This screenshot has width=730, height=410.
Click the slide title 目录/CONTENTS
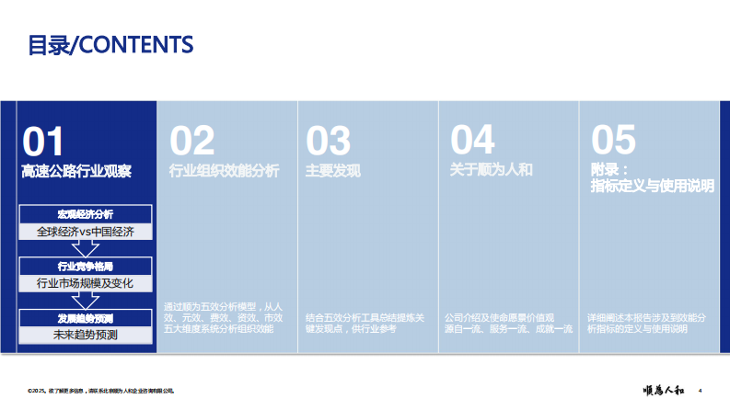[x=110, y=44]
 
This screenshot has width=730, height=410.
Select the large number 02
[x=191, y=141]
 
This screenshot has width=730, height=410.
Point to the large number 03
[x=329, y=141]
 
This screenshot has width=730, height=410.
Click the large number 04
[x=472, y=141]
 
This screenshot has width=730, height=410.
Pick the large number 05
[x=613, y=141]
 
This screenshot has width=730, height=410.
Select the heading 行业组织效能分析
[x=225, y=171]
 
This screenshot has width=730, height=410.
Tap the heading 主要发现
[x=333, y=171]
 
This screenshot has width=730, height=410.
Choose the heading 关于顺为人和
[x=492, y=171]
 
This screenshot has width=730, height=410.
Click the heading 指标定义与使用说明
[x=653, y=187]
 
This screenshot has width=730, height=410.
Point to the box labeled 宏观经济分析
[x=85, y=215]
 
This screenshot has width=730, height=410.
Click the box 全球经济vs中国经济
[x=86, y=231]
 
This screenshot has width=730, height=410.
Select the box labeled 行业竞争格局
[x=85, y=267]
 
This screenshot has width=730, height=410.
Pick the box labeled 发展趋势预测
[x=85, y=318]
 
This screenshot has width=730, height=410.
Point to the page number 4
[x=701, y=390]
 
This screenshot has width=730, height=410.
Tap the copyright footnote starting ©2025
[x=101, y=391]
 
